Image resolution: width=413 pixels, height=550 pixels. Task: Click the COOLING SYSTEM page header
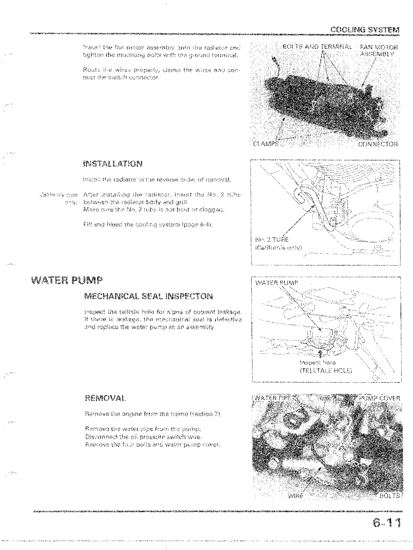364,30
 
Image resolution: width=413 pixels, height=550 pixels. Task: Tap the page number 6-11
386,523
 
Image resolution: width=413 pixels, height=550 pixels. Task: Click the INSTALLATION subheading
113,164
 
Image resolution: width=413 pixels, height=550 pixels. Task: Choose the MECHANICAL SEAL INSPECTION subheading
148,296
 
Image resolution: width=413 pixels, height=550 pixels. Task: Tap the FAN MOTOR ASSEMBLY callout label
379,51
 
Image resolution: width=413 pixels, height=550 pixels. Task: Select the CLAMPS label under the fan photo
266,144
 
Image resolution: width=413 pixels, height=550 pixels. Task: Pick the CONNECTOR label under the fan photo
378,144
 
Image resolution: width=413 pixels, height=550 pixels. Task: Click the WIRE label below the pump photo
295,496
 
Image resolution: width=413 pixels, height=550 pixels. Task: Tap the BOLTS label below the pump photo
389,496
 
